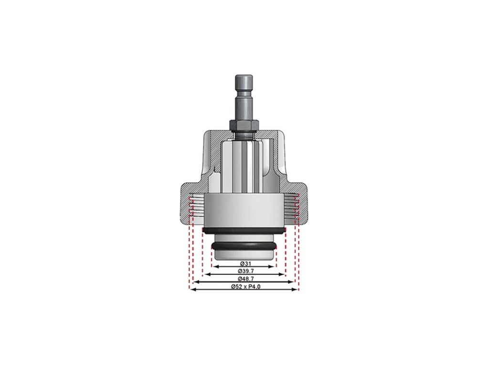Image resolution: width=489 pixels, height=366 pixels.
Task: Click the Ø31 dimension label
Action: point(244,264)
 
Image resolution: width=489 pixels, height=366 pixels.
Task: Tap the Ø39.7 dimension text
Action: point(244,271)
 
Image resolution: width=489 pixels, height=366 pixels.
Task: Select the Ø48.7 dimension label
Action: point(244,278)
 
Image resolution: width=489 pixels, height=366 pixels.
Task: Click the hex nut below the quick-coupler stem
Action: point(244,125)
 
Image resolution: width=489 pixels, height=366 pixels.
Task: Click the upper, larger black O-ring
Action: point(244,230)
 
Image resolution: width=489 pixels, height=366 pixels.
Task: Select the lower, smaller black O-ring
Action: point(244,246)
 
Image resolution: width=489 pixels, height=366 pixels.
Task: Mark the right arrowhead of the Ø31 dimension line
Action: point(274,267)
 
